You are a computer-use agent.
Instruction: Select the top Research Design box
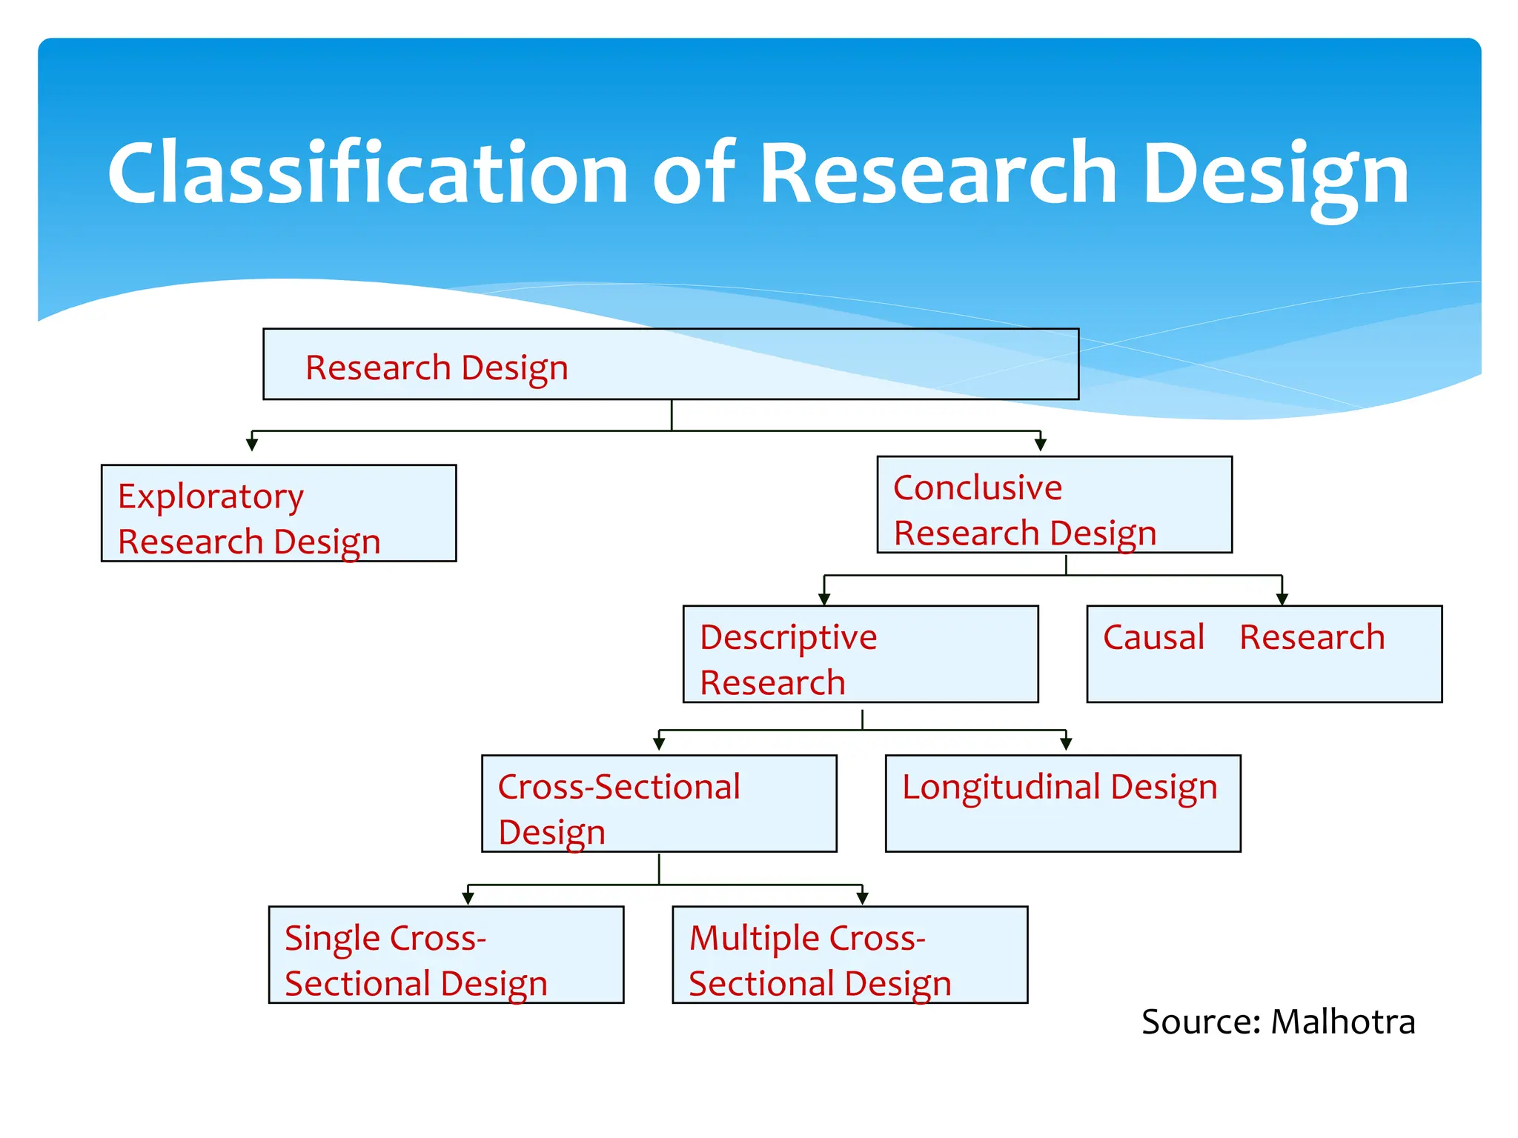(671, 365)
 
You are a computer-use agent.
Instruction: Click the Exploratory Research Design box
(279, 513)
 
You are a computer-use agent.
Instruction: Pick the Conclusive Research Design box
(1054, 505)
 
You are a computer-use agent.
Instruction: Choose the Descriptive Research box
(861, 654)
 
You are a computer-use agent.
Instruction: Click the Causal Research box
(1264, 654)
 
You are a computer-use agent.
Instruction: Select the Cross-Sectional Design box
(659, 804)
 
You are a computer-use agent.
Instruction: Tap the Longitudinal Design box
(1062, 804)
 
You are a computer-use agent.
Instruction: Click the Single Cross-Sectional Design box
(446, 955)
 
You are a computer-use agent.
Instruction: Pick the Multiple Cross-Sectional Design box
(849, 955)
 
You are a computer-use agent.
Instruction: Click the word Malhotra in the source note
(1342, 1022)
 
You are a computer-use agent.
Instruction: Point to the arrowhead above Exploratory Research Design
(252, 445)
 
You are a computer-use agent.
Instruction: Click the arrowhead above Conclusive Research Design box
(1041, 445)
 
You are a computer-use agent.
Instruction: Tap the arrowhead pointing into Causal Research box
(1282, 599)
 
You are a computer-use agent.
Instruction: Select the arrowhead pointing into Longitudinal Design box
(1066, 743)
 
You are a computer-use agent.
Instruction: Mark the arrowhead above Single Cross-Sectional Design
(468, 898)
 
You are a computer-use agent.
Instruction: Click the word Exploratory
(211, 496)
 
